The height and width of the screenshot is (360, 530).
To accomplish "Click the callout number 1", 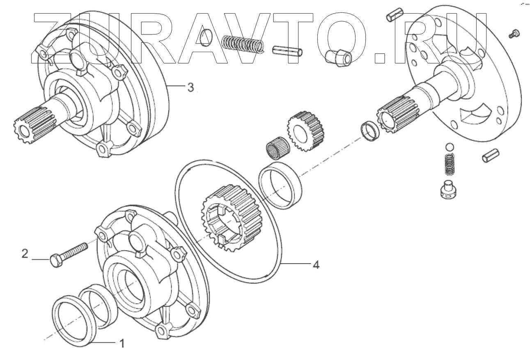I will pos(122,343).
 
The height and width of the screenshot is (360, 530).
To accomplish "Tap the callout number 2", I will pos(25,254).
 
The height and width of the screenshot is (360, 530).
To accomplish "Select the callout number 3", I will pos(190,87).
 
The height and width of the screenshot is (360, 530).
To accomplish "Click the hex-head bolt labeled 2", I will pos(68,254).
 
